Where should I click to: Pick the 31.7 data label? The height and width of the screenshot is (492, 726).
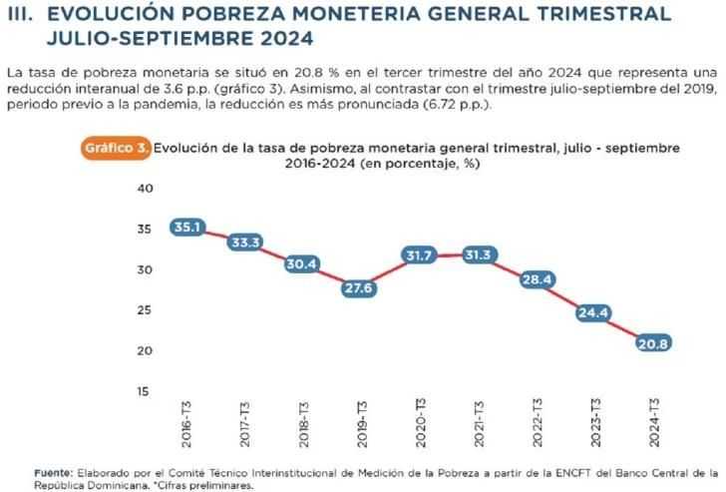[x=419, y=255]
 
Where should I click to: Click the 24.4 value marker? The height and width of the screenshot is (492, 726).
[x=591, y=313]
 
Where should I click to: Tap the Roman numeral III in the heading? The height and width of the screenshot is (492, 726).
[x=21, y=16]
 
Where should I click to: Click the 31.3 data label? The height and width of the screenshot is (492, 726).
[x=477, y=256]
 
